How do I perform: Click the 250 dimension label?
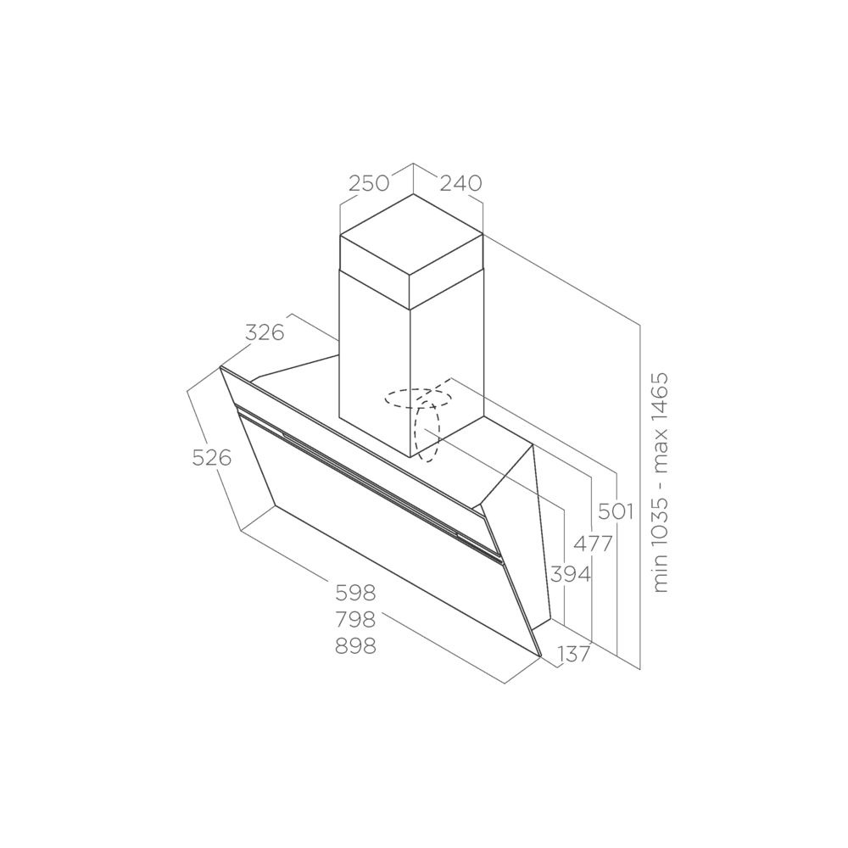368,183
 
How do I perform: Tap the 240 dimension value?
460,183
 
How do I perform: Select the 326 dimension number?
265,332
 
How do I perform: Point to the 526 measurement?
211,458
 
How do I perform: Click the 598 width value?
355,594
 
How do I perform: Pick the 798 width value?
355,620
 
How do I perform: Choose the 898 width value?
355,645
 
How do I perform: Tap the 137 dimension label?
574,655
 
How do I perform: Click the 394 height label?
571,574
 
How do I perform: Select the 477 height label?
593,543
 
